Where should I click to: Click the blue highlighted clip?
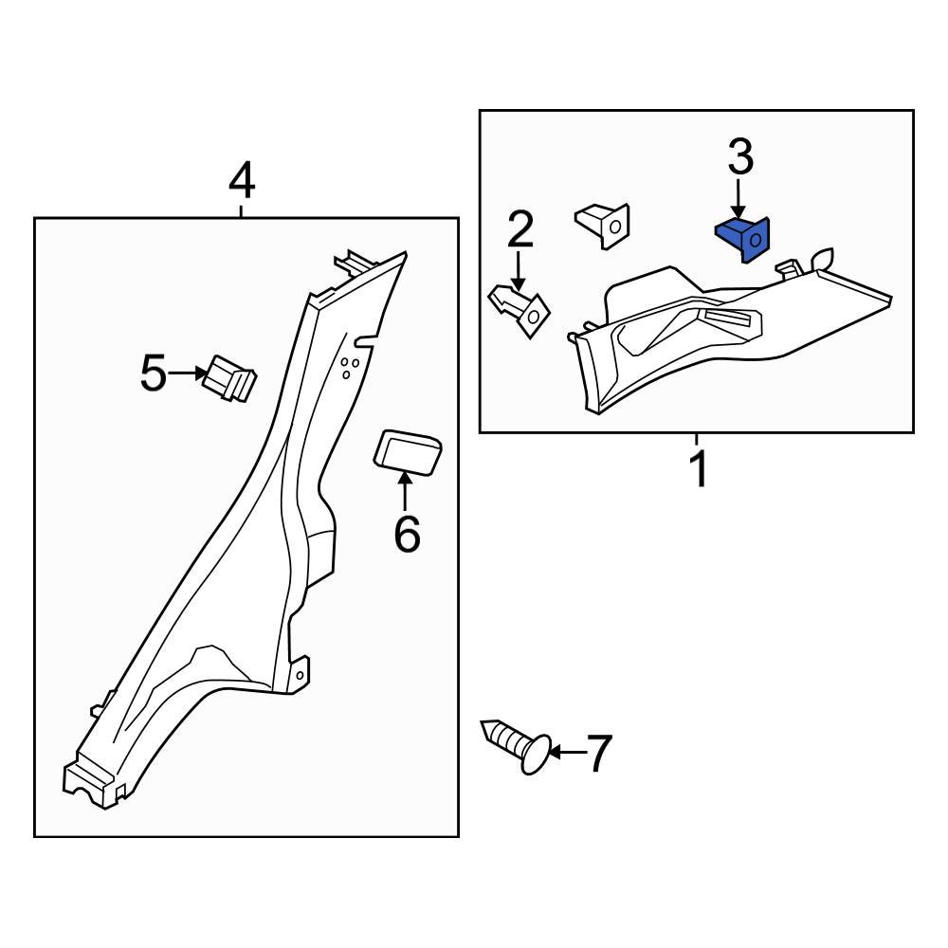pos(743,238)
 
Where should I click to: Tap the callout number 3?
pos(740,156)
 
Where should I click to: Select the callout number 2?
pos(520,230)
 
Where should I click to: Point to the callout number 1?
pos(698,470)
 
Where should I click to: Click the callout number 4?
pos(242,179)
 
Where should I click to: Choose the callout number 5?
pos(152,374)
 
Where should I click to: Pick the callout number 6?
pos(406,536)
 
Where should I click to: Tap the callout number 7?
pos(600,754)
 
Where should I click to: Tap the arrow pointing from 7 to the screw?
pos(567,753)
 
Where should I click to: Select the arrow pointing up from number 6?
pos(406,493)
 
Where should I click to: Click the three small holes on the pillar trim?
pos(348,368)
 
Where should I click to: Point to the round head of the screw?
pos(536,756)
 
